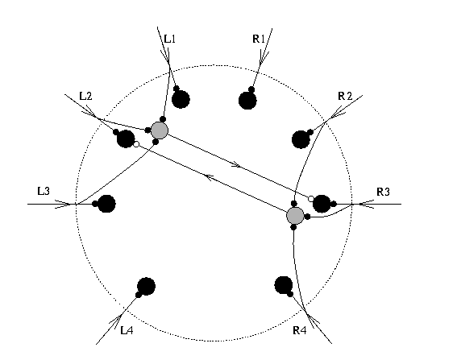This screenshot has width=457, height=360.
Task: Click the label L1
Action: [170, 39]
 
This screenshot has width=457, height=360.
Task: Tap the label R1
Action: [259, 39]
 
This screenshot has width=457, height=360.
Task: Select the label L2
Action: [85, 96]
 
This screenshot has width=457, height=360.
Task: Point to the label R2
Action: [345, 96]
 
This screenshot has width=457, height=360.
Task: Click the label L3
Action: [44, 191]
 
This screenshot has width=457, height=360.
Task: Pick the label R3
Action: [384, 192]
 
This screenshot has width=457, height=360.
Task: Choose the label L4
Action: [127, 330]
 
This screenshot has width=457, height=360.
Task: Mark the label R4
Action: [300, 330]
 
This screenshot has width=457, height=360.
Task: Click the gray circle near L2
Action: [160, 130]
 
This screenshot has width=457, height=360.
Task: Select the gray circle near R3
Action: [295, 216]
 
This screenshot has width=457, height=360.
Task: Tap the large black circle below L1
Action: [181, 99]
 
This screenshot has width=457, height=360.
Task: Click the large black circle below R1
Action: [247, 101]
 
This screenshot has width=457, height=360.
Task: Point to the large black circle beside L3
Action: [106, 204]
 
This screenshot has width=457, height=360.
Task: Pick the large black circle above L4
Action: [147, 287]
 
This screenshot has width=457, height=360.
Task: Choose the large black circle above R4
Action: [284, 285]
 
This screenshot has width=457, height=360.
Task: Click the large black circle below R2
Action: [301, 139]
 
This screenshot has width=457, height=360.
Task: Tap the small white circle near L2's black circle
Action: [136, 144]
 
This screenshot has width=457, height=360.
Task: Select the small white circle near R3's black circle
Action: [311, 199]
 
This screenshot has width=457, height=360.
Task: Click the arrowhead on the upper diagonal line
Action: [236, 165]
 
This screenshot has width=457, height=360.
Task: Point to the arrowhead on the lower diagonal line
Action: [209, 176]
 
